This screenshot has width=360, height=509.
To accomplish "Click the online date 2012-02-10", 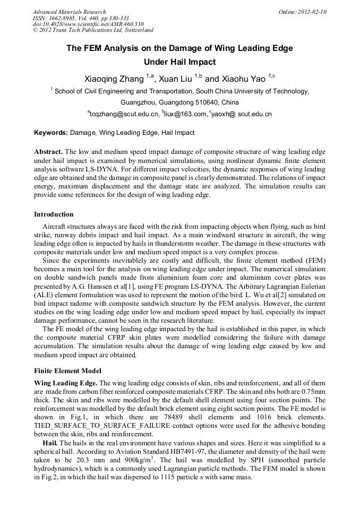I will tap(312, 12).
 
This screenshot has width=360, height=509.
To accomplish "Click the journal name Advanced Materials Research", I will tap(69, 12).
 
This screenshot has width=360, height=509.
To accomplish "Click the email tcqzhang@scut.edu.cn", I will tap(124, 114).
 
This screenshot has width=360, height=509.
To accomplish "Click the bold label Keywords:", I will tap(51, 133).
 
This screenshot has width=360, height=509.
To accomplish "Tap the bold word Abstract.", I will tap(49, 151).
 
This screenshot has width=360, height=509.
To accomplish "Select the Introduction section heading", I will tap(54, 214).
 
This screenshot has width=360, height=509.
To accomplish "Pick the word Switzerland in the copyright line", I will tap(136, 30).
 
